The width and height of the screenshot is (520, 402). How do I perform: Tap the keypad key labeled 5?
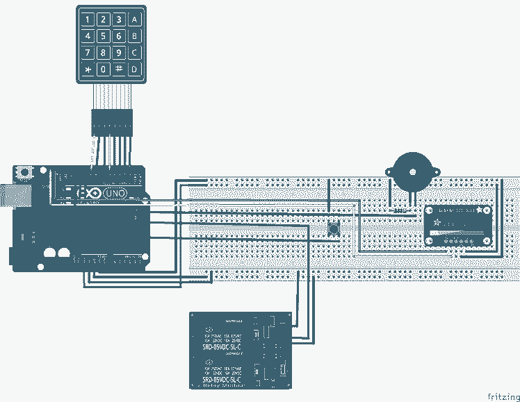[103, 36]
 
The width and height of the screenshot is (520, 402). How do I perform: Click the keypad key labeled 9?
[119, 53]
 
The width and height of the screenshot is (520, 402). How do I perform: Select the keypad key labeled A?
[136, 19]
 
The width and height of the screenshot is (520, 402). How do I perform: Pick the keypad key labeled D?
[136, 69]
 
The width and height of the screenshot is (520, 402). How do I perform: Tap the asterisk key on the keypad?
[87, 69]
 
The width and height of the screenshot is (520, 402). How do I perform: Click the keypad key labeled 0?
[103, 69]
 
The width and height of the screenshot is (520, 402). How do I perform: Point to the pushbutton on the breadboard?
[334, 228]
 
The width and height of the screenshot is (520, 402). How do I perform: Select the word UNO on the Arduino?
[115, 193]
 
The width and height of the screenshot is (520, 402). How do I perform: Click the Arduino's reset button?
[24, 172]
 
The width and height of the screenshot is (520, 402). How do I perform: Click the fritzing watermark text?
[502, 396]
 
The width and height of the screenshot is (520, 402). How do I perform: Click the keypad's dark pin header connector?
[111, 122]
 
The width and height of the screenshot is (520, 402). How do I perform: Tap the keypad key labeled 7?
[87, 53]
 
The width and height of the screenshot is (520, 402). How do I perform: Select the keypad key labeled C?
[136, 53]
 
